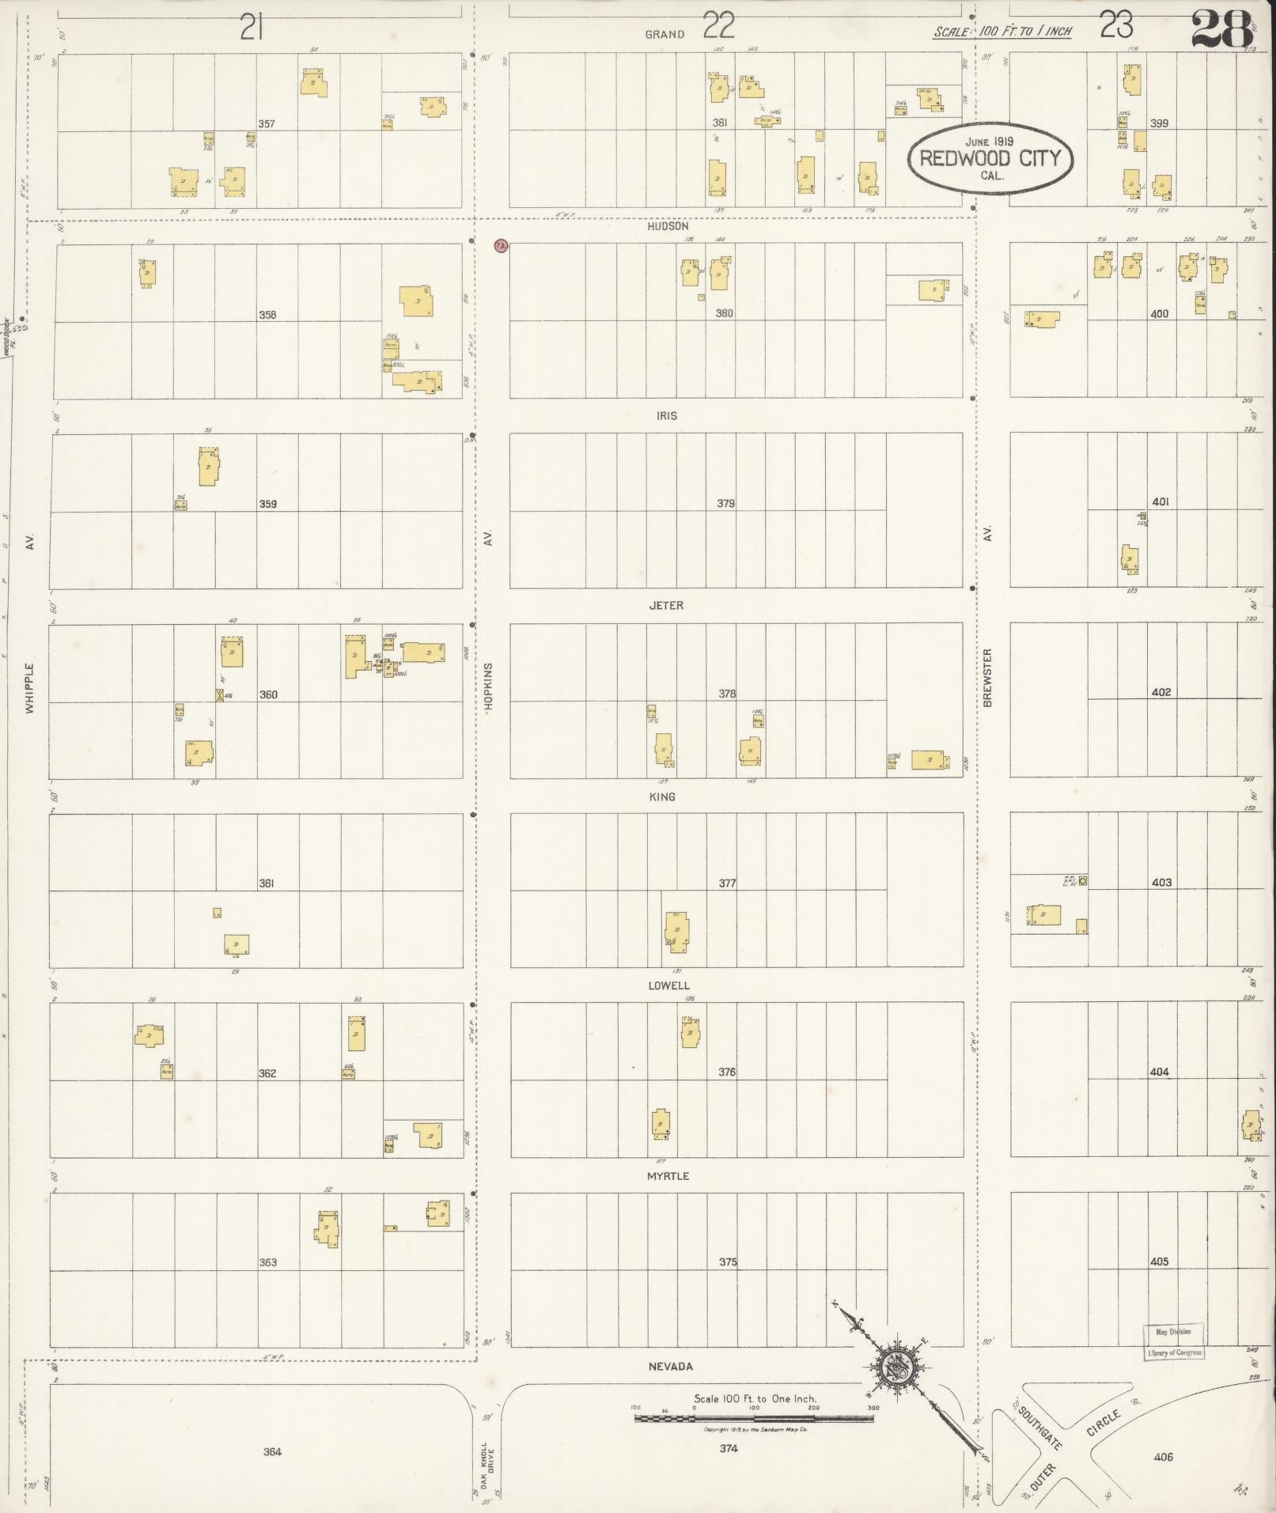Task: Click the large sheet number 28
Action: point(1221,29)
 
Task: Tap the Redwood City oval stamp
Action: point(990,158)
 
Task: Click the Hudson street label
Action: point(668,226)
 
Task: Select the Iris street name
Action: point(666,416)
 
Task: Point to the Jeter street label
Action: point(666,606)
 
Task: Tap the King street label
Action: point(662,796)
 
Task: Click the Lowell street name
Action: point(668,986)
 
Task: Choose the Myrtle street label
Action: point(668,1176)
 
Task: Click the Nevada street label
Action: point(670,1366)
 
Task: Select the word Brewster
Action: point(987,677)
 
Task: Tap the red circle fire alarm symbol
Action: point(500,246)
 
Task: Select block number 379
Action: point(725,504)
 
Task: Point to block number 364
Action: point(272,1451)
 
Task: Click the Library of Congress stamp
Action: point(1174,1342)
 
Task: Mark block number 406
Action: point(1163,1457)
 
